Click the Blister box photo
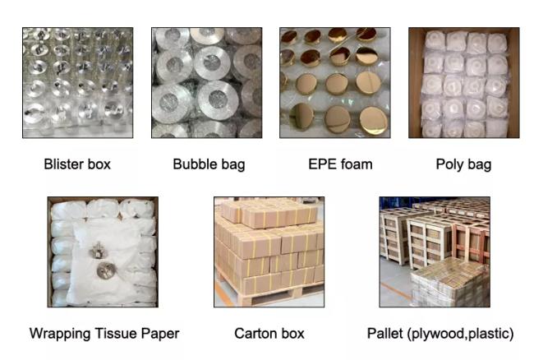pos(77,82)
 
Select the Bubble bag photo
pos(206,82)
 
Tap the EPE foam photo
pos(335,82)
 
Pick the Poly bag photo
pos(463,82)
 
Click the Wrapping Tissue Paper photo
pos(103,252)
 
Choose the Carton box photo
pos(269,252)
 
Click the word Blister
pos(62,164)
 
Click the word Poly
pos(450,164)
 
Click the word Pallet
pos(385,334)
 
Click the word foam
pos(353,164)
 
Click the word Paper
pos(160,334)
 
